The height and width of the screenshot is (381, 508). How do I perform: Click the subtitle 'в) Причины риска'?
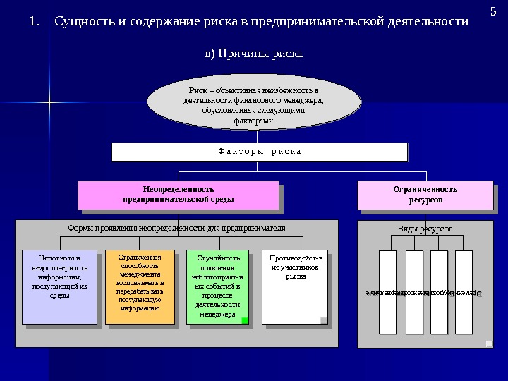[x=253, y=54]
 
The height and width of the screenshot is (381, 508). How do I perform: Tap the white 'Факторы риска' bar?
[x=260, y=152]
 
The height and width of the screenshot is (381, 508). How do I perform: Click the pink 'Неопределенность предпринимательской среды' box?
[x=179, y=194]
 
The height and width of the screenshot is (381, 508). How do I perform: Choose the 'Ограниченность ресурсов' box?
[x=425, y=194]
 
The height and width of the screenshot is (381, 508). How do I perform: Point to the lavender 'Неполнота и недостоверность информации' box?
[x=59, y=286]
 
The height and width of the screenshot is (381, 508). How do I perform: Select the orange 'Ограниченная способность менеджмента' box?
[x=140, y=286]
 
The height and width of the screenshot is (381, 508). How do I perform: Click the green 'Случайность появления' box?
[x=217, y=286]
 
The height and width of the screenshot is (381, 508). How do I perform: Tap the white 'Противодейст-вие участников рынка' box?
[x=294, y=286]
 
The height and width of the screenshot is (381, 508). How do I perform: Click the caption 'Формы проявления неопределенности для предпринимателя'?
[x=176, y=228]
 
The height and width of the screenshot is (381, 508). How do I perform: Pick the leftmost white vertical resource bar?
[x=387, y=291]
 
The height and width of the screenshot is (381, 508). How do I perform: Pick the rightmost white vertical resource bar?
[x=464, y=291]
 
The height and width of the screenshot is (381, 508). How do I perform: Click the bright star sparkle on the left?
[x=49, y=103]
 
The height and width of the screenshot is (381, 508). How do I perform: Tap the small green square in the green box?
[x=245, y=320]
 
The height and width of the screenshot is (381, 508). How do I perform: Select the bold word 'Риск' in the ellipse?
[x=198, y=91]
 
